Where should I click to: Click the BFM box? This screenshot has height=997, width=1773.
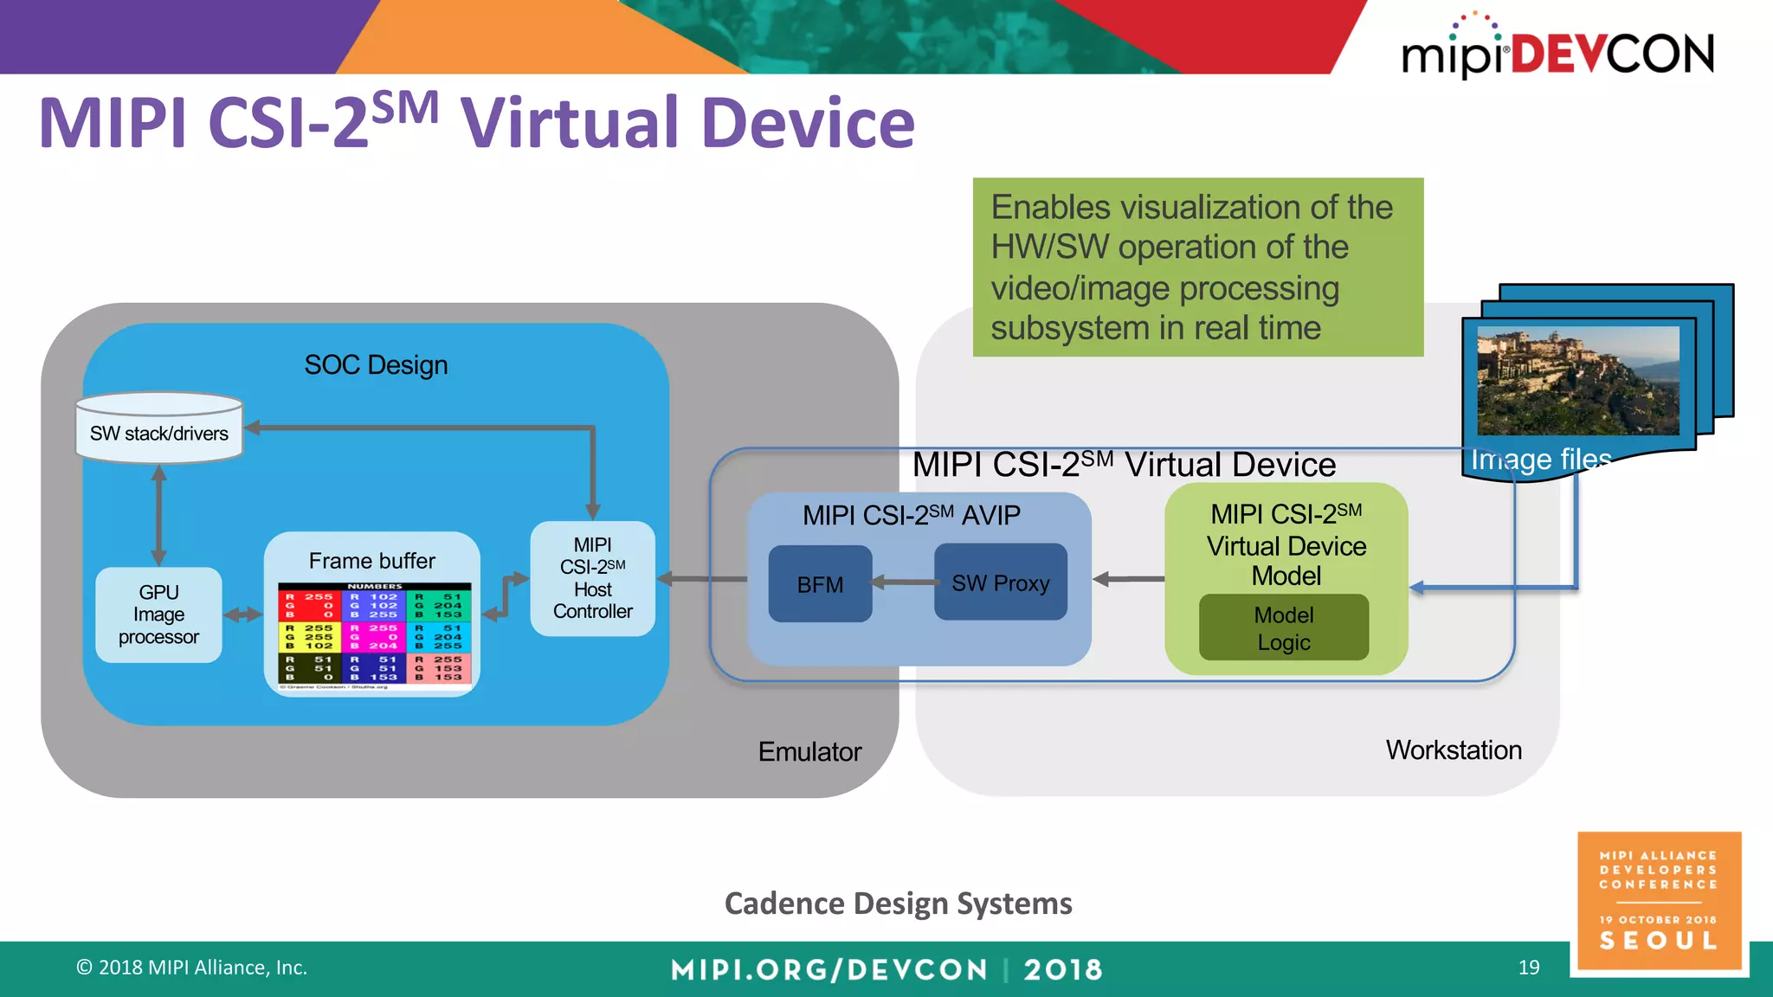pyautogui.click(x=820, y=584)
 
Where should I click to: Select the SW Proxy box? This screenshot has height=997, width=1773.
pyautogui.click(x=1000, y=582)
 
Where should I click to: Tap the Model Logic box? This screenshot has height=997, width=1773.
pyautogui.click(x=1284, y=627)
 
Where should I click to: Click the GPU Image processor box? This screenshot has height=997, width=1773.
pyautogui.click(x=158, y=614)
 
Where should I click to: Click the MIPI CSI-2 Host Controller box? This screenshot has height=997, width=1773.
pyautogui.click(x=593, y=578)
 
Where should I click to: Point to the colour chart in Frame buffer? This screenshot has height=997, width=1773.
pyautogui.click(x=374, y=635)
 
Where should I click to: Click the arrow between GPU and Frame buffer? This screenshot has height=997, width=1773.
pyautogui.click(x=242, y=614)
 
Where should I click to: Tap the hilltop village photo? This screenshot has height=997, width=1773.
pyautogui.click(x=1577, y=381)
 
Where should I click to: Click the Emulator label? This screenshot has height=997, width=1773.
pyautogui.click(x=809, y=751)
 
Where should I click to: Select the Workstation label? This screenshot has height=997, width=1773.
pyautogui.click(x=1454, y=749)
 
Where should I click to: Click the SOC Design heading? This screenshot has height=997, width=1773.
pyautogui.click(x=376, y=364)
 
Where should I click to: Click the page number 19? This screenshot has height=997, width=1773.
pyautogui.click(x=1529, y=967)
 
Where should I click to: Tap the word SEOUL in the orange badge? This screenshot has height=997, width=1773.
pyautogui.click(x=1659, y=941)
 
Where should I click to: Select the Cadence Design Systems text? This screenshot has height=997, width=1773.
pyautogui.click(x=898, y=903)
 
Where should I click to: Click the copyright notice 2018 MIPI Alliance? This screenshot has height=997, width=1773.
pyautogui.click(x=192, y=967)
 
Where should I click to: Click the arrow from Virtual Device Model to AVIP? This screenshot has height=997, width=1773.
pyautogui.click(x=1128, y=579)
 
